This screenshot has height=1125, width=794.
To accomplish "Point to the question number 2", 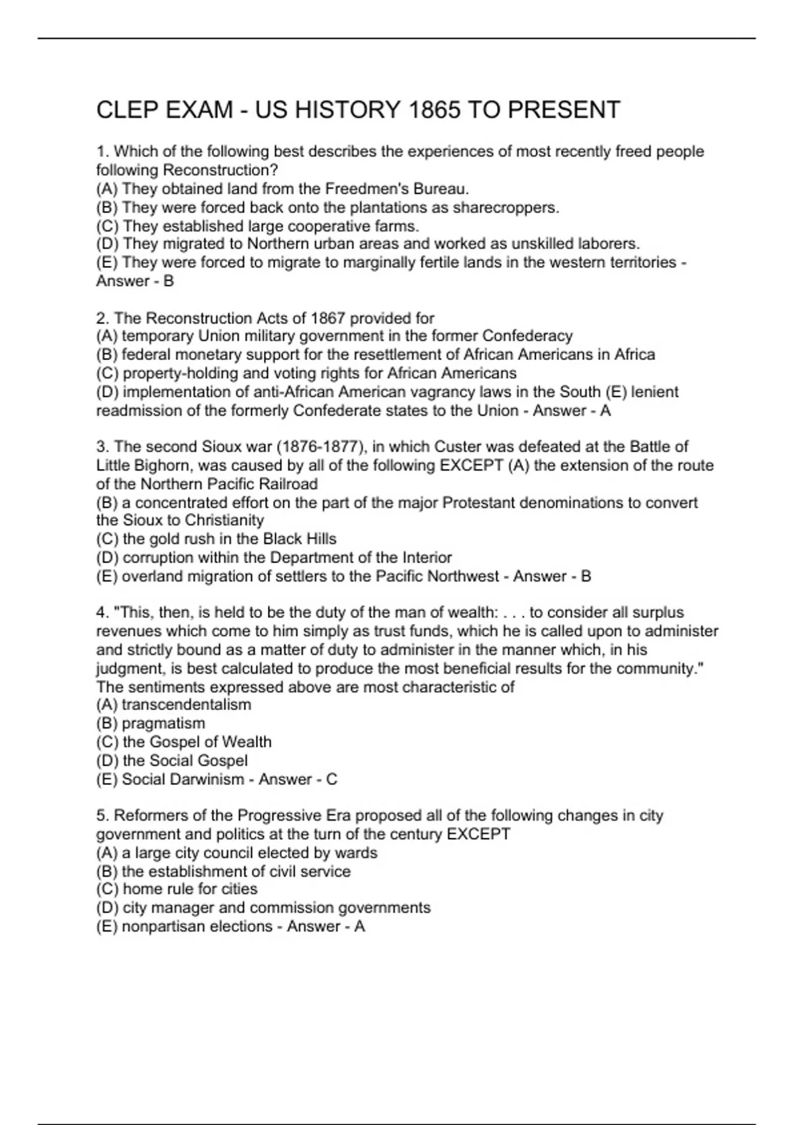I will click(101, 318).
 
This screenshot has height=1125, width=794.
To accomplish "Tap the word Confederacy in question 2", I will click(527, 336).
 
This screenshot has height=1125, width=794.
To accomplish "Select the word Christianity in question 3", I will click(224, 520).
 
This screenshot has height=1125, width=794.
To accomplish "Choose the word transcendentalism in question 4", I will click(186, 705).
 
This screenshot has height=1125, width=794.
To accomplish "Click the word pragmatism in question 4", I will click(163, 723).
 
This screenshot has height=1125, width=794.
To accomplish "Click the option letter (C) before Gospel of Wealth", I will click(107, 742).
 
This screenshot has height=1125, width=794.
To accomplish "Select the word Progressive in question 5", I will click(279, 815).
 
